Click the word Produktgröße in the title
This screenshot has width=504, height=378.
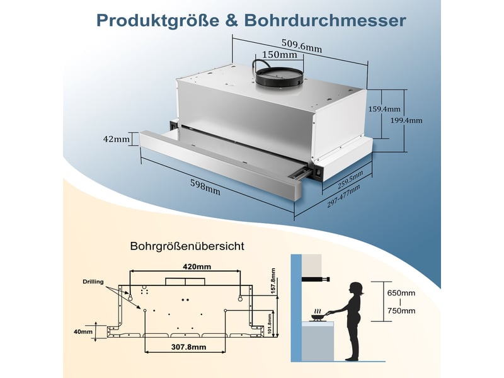[x=158, y=21]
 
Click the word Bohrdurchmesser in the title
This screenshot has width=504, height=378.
[x=325, y=20]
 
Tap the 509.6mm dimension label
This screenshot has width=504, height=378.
[x=302, y=45]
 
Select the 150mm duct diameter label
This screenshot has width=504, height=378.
[x=280, y=55]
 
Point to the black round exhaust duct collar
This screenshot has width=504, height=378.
[x=279, y=77]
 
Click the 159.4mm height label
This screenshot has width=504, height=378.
[x=384, y=109]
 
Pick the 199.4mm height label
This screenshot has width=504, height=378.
[x=406, y=120]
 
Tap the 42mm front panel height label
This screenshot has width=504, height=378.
[x=117, y=139]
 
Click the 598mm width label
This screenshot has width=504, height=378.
[x=205, y=187]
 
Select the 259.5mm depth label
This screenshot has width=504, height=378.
[x=350, y=180]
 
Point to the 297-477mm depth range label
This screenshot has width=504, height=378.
[x=343, y=196]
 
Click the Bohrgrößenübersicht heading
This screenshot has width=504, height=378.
[x=187, y=246]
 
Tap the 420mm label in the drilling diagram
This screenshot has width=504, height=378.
[x=197, y=266]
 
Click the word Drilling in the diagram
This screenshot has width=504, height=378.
[x=93, y=282]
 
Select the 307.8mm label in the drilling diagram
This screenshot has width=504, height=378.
[x=188, y=347]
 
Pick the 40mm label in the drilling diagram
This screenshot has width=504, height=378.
[x=83, y=332]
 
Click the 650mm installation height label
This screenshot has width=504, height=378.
[x=401, y=293]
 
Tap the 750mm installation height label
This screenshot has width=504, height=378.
[x=401, y=311]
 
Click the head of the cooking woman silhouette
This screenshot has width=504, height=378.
[x=356, y=289]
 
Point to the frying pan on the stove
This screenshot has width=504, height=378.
[x=319, y=317]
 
